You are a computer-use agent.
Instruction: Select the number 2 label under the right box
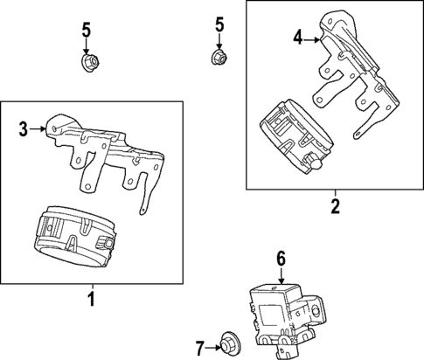(334, 207)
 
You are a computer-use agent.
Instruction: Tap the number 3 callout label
(24, 130)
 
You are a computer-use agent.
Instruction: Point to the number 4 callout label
(297, 38)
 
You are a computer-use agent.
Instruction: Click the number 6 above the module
(281, 258)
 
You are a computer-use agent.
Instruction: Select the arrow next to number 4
(314, 38)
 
